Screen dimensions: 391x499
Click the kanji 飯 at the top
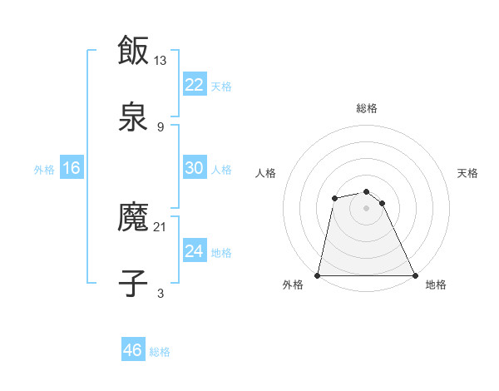[133, 51]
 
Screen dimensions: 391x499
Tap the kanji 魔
[133, 219]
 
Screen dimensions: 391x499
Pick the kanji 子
[133, 283]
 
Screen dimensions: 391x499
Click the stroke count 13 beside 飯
[161, 61]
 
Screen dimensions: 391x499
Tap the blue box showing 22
[195, 85]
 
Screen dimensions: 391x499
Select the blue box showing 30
[195, 168]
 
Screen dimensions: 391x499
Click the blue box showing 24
[195, 251]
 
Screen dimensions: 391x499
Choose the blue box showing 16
[72, 168]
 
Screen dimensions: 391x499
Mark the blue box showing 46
[133, 350]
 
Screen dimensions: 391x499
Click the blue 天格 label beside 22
[221, 86]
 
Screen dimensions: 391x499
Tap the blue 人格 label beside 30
[221, 169]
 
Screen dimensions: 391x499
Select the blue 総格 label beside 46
[160, 351]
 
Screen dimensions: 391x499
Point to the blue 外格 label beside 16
[44, 169]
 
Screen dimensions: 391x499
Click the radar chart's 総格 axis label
[367, 108]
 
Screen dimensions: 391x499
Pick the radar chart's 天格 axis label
[468, 173]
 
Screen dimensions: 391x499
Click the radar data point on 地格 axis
[415, 275]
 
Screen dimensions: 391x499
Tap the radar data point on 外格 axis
[318, 275]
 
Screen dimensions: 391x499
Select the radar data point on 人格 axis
[334, 198]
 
